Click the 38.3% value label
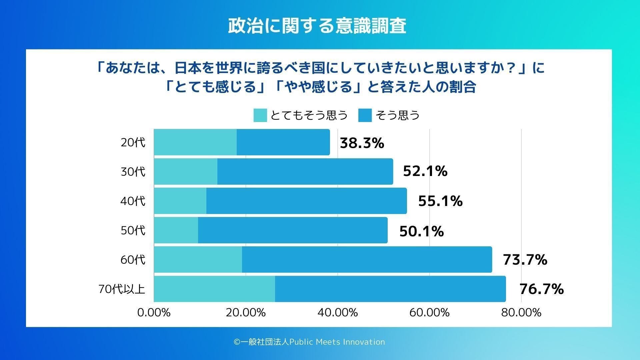[362, 143]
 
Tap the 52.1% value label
[425, 171]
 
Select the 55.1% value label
[440, 201]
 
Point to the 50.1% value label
[421, 231]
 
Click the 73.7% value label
[525, 260]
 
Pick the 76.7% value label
[541, 289]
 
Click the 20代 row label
[133, 142]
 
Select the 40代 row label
[133, 201]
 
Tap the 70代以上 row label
[122, 289]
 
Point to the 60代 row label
[133, 260]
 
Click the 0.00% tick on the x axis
[154, 312]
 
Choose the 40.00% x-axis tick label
[338, 312]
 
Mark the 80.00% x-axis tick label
[521, 312]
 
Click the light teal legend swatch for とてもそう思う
[260, 115]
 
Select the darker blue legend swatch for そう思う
[365, 115]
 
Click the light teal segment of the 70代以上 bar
[214, 289]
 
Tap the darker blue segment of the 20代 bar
[283, 142]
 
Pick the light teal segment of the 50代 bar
[176, 230]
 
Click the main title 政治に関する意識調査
[317, 26]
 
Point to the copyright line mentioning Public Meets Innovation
[309, 342]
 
